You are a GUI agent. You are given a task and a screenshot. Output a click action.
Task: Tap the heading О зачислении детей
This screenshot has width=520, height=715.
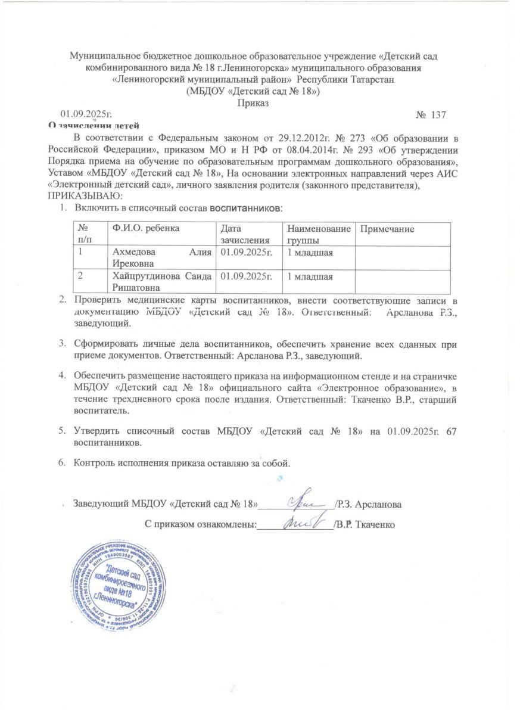coord(94,125)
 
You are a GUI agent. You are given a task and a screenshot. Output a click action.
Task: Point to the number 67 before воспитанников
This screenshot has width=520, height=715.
coord(451,430)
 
